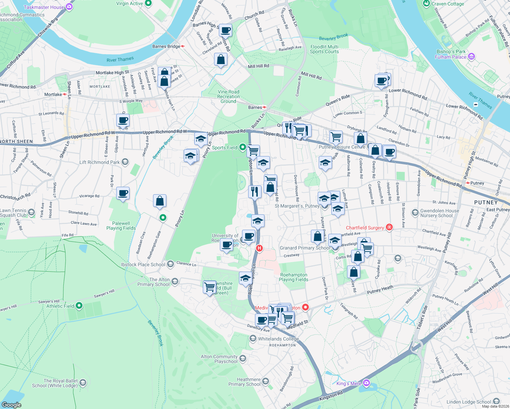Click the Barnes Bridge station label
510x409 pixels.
click(x=166, y=46)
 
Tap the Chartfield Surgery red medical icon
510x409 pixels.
click(x=389, y=227)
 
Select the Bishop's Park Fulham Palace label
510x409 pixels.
click(x=451, y=54)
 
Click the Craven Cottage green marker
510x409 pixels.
click(x=426, y=4)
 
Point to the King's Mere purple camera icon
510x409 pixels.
click(x=366, y=383)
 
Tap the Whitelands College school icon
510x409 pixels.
click(x=253, y=338)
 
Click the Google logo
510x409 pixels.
click(x=12, y=405)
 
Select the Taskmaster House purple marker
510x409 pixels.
click(x=69, y=7)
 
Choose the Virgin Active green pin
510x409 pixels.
click(x=148, y=3)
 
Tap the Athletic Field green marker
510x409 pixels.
click(x=79, y=306)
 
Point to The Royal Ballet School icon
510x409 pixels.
click(x=83, y=383)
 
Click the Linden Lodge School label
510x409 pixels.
click(x=469, y=402)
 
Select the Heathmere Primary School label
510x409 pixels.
click(x=244, y=382)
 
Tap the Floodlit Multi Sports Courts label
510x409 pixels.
click(x=324, y=49)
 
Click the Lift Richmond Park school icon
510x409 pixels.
click(x=125, y=162)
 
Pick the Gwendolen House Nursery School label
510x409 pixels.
click(x=439, y=213)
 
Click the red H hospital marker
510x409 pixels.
click(x=259, y=248)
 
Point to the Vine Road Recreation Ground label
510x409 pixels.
click(x=228, y=96)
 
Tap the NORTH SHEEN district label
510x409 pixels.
click(x=16, y=141)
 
